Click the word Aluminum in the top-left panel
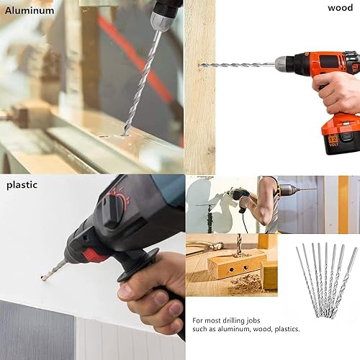(30, 10)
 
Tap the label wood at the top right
(340, 8)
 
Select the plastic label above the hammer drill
(22, 184)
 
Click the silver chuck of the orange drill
(287, 64)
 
